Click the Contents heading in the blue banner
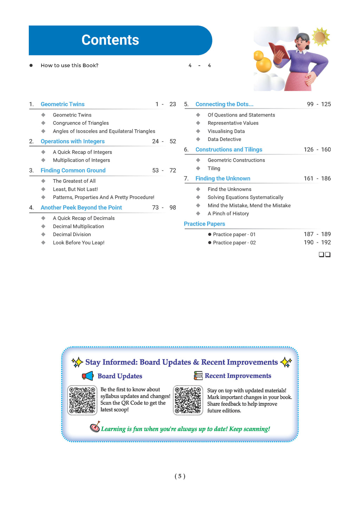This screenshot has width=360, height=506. click(110, 40)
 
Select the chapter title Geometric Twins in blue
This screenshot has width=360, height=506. click(63, 104)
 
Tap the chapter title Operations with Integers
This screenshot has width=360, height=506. click(72, 141)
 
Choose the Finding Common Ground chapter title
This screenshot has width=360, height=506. click(73, 170)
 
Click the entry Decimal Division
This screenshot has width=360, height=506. click(72, 234)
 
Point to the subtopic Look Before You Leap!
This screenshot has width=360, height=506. click(78, 242)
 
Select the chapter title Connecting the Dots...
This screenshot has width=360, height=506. click(224, 104)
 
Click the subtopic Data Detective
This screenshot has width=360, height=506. click(224, 139)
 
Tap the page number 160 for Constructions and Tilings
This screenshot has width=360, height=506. click(326, 150)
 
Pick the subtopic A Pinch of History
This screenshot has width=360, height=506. click(228, 214)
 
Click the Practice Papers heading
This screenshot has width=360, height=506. click(204, 224)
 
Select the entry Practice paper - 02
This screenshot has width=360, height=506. click(234, 243)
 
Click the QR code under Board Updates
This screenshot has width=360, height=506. click(82, 400)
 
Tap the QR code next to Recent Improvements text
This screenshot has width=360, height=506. click(188, 400)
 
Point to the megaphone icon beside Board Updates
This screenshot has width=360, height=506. click(88, 376)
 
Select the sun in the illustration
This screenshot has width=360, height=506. click(320, 37)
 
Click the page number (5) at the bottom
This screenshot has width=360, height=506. click(180, 476)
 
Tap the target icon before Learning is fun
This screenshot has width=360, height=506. click(95, 427)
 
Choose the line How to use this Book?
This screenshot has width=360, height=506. click(70, 65)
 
